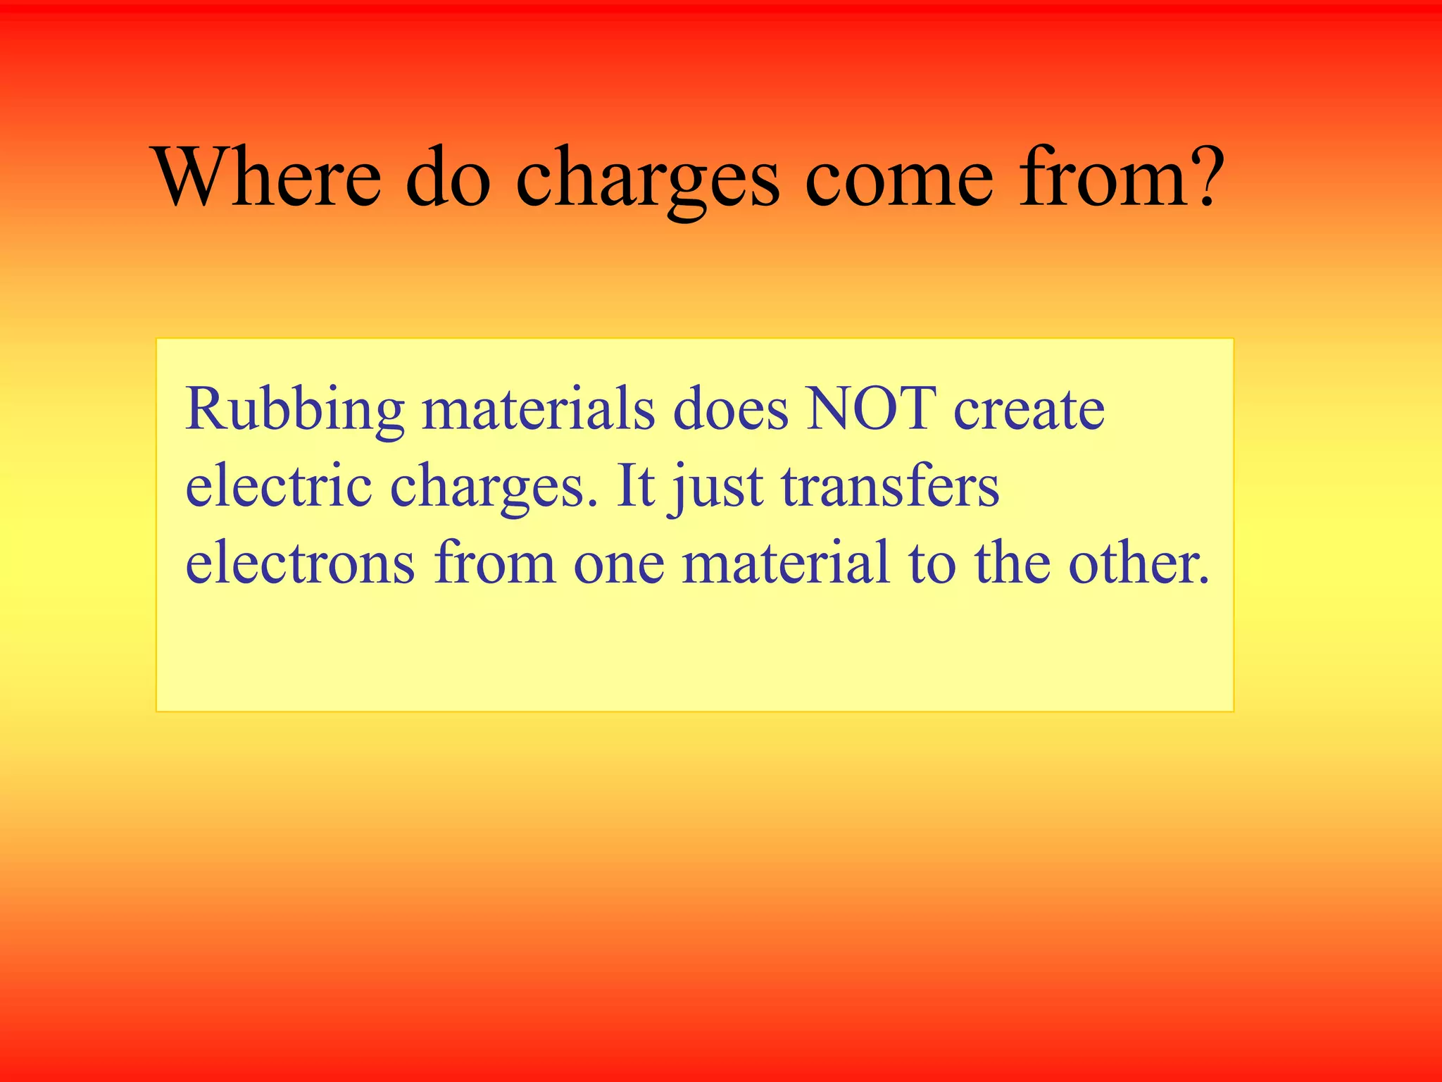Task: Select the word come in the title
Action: (x=898, y=180)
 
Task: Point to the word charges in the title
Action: (x=647, y=180)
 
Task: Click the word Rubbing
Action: (x=294, y=411)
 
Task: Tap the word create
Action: (x=1029, y=411)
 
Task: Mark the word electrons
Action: (x=300, y=564)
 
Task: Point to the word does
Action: (x=730, y=409)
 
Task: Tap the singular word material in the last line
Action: (x=786, y=563)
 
